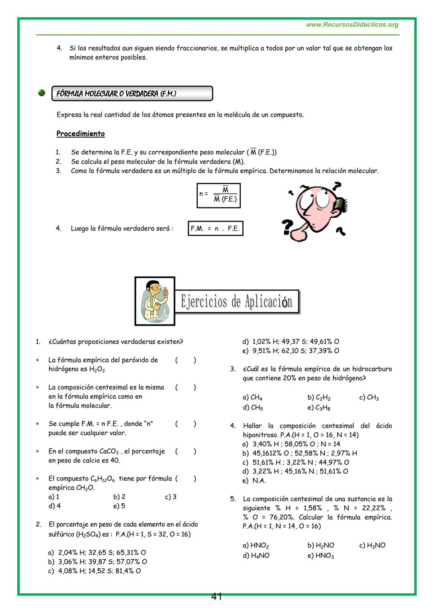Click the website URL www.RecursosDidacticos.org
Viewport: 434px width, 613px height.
(352, 25)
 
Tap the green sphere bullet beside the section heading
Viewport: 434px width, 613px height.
(41, 93)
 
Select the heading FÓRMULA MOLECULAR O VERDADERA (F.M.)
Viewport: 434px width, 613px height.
(117, 94)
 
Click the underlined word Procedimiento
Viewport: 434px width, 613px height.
(80, 134)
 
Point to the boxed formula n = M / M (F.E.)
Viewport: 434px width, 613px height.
(219, 196)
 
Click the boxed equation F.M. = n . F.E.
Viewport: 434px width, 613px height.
(215, 228)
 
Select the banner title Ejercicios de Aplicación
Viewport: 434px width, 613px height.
(237, 301)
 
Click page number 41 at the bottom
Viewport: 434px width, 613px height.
(217, 597)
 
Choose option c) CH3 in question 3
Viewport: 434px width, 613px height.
(369, 397)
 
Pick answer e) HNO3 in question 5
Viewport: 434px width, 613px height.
(320, 556)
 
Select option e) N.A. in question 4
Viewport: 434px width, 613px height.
(254, 481)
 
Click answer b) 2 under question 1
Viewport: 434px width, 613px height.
(119, 497)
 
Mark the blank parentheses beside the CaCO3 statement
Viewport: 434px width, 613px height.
(186, 451)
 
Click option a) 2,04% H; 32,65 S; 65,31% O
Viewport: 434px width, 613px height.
(97, 552)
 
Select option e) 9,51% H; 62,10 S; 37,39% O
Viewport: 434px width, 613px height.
(291, 351)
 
